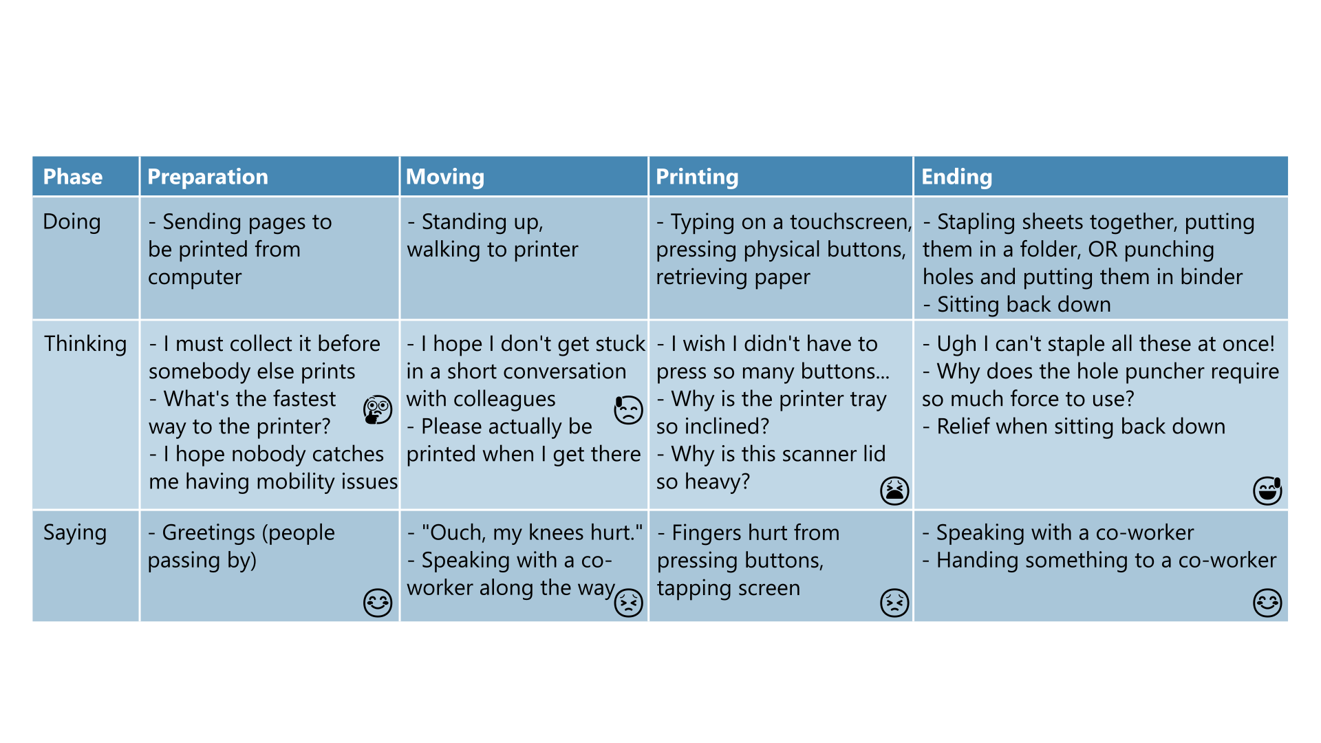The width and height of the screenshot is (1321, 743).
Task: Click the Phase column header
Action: click(x=73, y=177)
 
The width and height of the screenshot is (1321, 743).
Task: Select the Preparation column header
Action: click(x=208, y=177)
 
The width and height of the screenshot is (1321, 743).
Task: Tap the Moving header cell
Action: click(x=445, y=177)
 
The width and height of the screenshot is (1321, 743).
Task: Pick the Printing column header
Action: click(x=697, y=177)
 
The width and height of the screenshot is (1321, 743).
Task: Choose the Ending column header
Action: click(x=956, y=177)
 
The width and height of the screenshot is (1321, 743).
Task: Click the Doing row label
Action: click(x=72, y=222)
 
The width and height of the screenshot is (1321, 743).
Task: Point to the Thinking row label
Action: click(x=85, y=344)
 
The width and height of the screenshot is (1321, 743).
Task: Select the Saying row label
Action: click(x=75, y=532)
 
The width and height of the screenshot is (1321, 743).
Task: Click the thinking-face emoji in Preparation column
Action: click(x=378, y=410)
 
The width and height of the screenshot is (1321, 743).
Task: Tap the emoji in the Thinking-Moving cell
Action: click(x=628, y=410)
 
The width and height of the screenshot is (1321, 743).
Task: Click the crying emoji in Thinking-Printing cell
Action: click(x=894, y=491)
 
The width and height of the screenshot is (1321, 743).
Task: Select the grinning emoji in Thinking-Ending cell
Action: click(x=1267, y=491)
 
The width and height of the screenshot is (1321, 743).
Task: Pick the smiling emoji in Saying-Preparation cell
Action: click(x=378, y=603)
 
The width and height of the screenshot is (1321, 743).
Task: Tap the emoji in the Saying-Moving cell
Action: click(x=628, y=603)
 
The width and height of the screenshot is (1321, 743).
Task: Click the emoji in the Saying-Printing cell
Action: click(x=894, y=603)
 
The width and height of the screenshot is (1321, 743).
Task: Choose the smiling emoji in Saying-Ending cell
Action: click(x=1267, y=603)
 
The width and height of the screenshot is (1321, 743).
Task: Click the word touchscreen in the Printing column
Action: click(x=850, y=222)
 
